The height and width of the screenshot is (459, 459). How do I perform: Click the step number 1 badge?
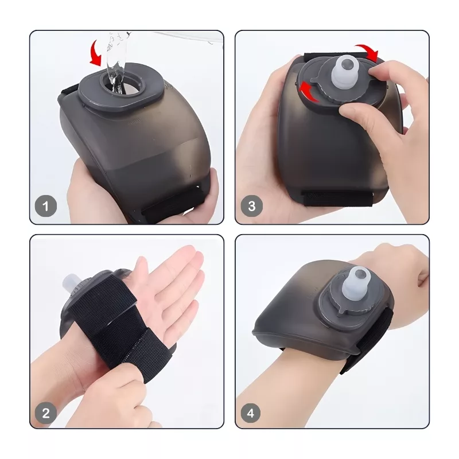tap(46, 206)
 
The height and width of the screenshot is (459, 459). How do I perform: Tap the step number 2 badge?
tap(46, 413)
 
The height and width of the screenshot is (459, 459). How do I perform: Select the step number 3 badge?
tap(252, 206)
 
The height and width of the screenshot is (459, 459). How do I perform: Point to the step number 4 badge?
tap(251, 413)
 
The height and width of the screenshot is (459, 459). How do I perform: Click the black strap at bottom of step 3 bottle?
tap(337, 198)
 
